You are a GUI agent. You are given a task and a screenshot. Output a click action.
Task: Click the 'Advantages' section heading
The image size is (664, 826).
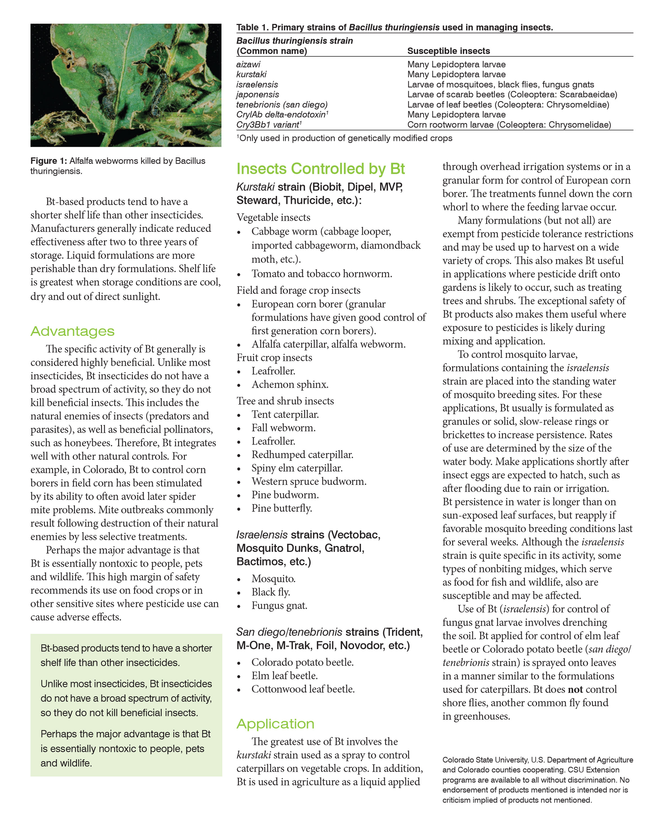[72, 331]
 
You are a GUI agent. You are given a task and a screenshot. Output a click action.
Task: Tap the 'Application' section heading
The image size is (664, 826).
[275, 724]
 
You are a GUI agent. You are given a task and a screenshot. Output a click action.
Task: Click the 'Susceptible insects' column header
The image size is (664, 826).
[448, 51]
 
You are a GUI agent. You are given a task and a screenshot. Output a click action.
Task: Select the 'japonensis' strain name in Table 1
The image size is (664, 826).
[257, 94]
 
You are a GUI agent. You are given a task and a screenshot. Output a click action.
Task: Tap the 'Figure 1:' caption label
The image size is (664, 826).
[49, 161]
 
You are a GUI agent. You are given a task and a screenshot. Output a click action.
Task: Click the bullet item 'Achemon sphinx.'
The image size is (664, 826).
[290, 384]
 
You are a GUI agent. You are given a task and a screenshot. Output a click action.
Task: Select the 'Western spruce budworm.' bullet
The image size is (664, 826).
[309, 481]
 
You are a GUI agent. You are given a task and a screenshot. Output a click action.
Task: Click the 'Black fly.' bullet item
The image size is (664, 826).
[270, 592]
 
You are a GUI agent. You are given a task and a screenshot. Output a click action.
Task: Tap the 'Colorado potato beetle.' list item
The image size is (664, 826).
[302, 662]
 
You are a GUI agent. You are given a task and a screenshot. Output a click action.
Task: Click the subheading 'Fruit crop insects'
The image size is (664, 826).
[274, 358]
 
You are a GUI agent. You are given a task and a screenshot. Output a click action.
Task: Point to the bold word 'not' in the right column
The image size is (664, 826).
[575, 689]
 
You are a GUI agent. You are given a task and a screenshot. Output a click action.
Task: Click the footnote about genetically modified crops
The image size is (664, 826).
[345, 138]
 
